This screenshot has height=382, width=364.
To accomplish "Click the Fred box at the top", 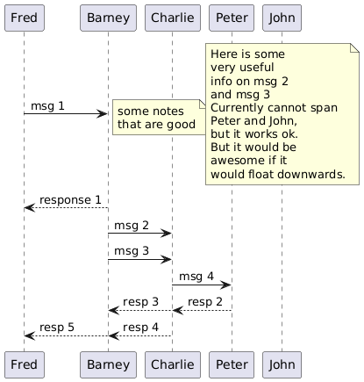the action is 25,18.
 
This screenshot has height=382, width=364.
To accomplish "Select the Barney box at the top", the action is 108,18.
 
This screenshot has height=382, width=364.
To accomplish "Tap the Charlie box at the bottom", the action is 173,364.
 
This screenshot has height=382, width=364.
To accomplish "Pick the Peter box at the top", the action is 232,18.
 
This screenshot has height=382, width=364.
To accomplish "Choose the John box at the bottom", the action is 282,364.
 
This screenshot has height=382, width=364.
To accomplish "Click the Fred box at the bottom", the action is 25,364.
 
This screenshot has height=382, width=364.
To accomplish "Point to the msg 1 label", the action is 47,106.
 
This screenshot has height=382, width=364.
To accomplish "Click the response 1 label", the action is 70,200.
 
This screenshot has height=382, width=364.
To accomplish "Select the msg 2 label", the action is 132,226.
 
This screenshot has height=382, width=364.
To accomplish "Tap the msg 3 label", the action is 132,251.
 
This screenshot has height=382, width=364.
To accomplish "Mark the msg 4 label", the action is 196,277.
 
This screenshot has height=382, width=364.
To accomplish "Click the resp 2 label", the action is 205,302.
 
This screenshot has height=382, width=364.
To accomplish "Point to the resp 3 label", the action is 140,302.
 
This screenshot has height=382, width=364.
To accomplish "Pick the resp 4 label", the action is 140,328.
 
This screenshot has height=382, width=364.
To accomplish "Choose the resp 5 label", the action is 57,328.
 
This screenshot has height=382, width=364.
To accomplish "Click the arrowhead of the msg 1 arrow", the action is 103,114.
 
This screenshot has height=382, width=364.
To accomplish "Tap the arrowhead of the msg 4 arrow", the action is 226,285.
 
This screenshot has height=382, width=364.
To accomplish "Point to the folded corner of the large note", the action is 354,48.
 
